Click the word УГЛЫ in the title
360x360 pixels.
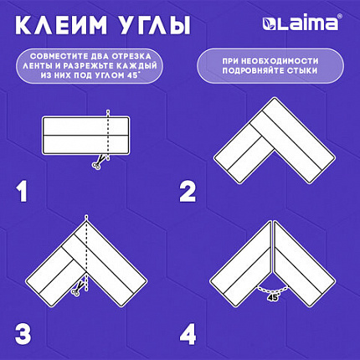[156, 24]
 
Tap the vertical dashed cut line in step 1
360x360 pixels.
[109, 134]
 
